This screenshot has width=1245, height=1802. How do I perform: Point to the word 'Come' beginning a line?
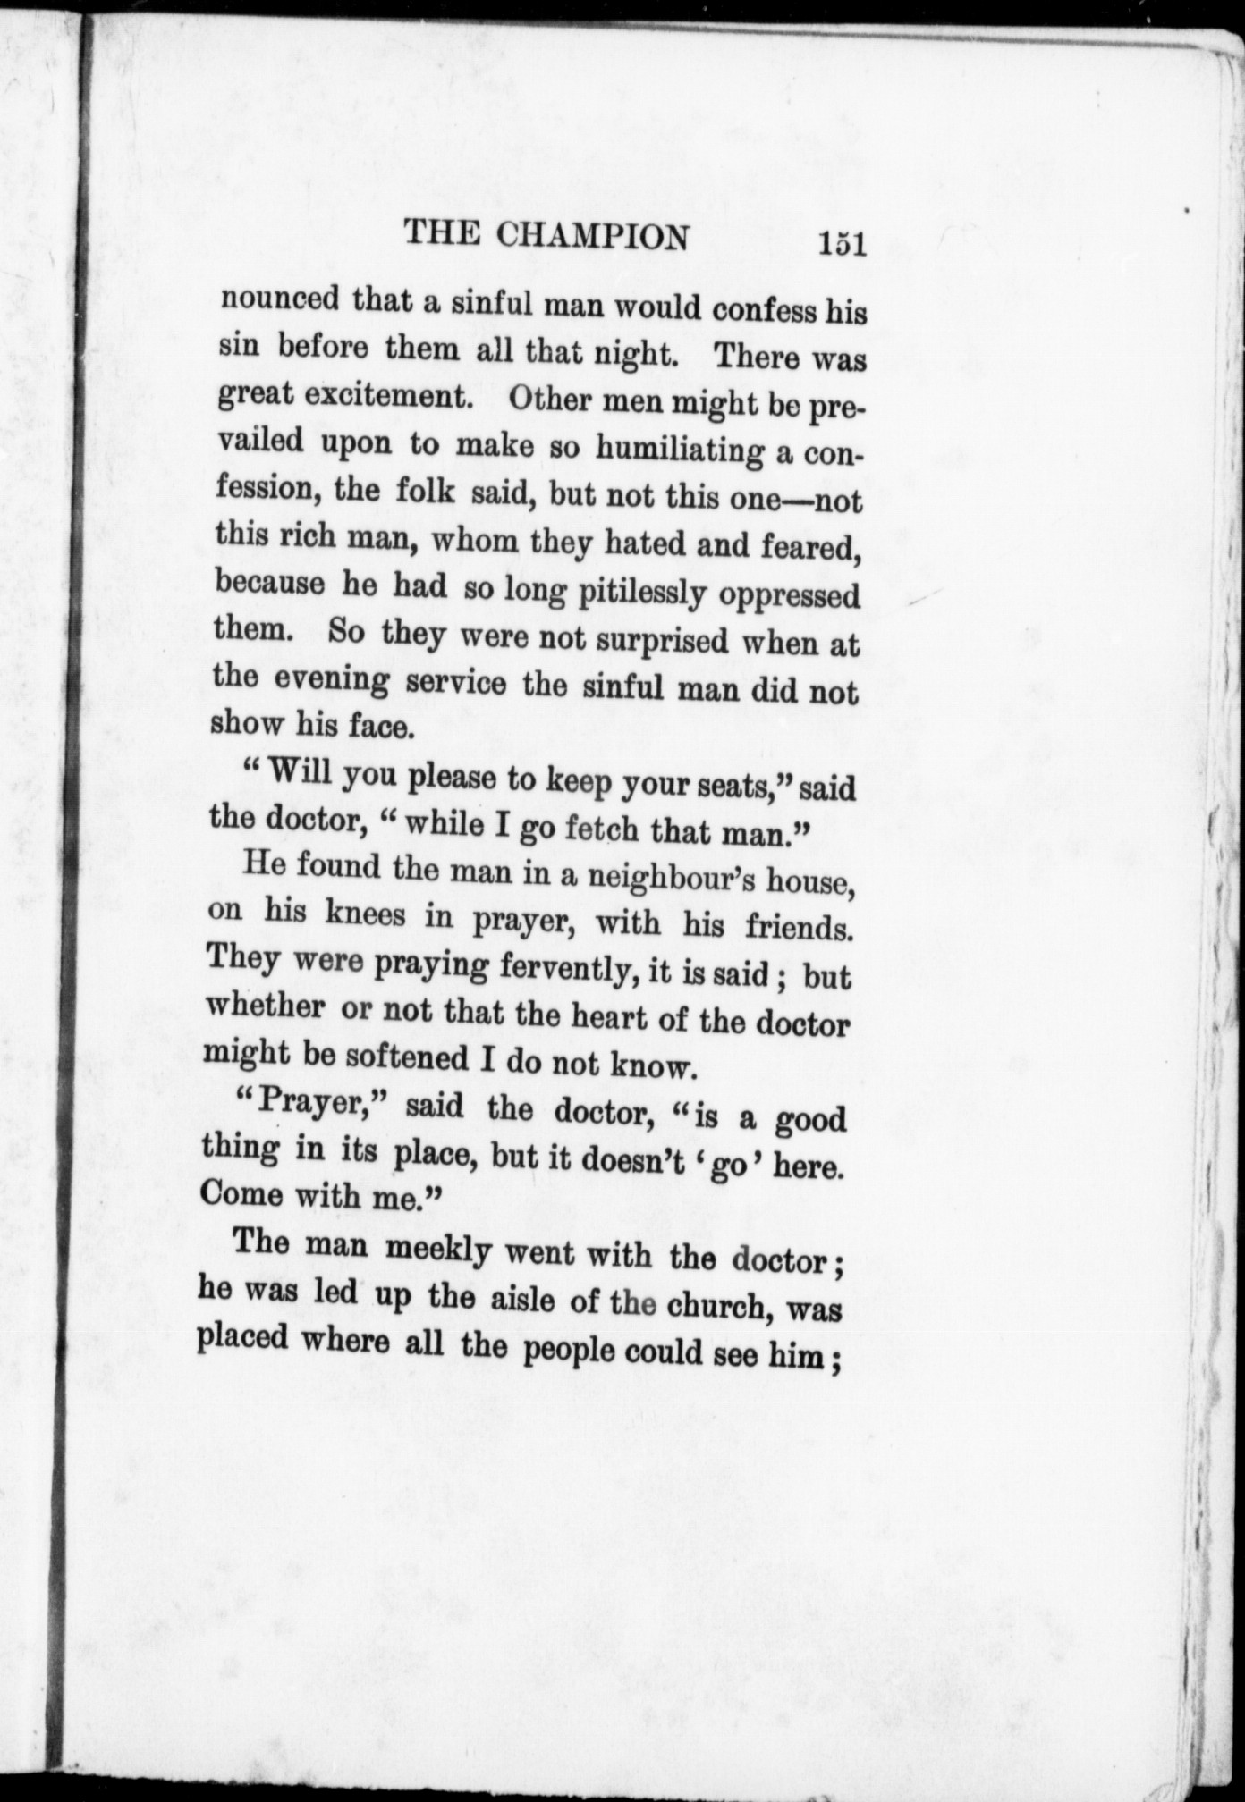[x=242, y=1193]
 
